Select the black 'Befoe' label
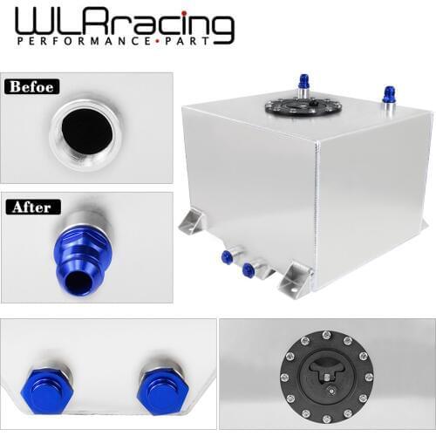coord(31,87)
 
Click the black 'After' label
coord(31,208)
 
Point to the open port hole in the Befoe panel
coord(86,131)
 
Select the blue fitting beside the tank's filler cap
coord(303,85)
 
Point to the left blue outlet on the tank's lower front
coord(227,256)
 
